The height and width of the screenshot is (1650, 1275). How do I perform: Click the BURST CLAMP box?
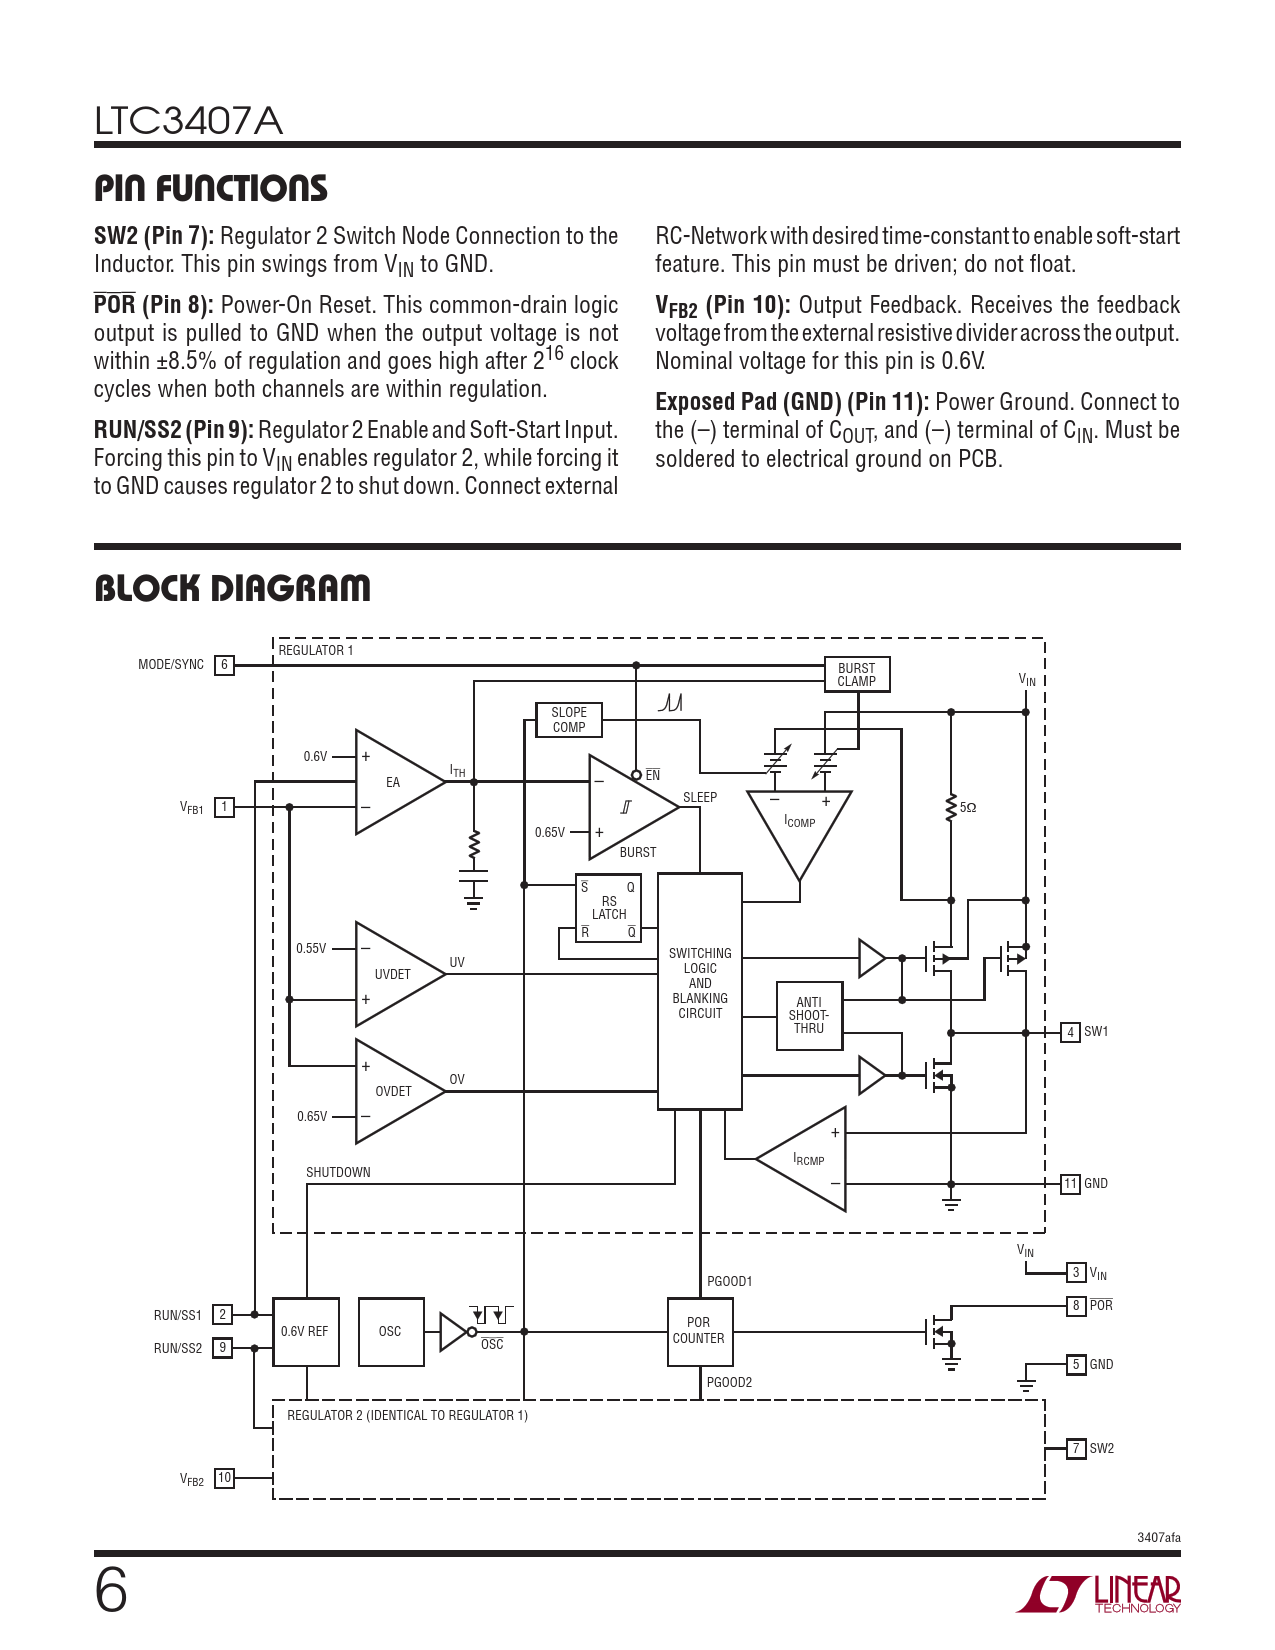click(856, 675)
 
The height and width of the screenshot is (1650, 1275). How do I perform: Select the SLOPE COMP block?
click(569, 720)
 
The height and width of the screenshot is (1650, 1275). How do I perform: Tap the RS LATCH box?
click(608, 908)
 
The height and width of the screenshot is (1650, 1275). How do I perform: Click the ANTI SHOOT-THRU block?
click(809, 1015)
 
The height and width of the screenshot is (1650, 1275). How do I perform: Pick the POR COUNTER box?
click(699, 1331)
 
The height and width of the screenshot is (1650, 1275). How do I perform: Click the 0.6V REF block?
click(305, 1331)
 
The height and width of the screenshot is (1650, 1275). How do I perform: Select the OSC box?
click(390, 1331)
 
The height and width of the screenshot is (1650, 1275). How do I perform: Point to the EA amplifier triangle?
click(394, 782)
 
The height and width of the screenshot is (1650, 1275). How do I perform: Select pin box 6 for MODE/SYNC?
click(224, 665)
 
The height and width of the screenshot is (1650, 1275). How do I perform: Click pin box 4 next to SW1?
click(1070, 1032)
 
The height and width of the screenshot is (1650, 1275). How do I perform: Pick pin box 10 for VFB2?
click(224, 1478)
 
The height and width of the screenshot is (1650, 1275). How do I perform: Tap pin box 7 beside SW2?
click(1075, 1448)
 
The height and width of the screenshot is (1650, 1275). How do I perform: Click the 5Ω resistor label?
click(967, 807)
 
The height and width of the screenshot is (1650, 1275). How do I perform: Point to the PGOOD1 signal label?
click(729, 1281)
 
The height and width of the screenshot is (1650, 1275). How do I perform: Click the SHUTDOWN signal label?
click(338, 1172)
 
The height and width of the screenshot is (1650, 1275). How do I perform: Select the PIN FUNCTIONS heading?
click(211, 188)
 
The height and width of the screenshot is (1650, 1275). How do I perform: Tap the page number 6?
click(111, 1590)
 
